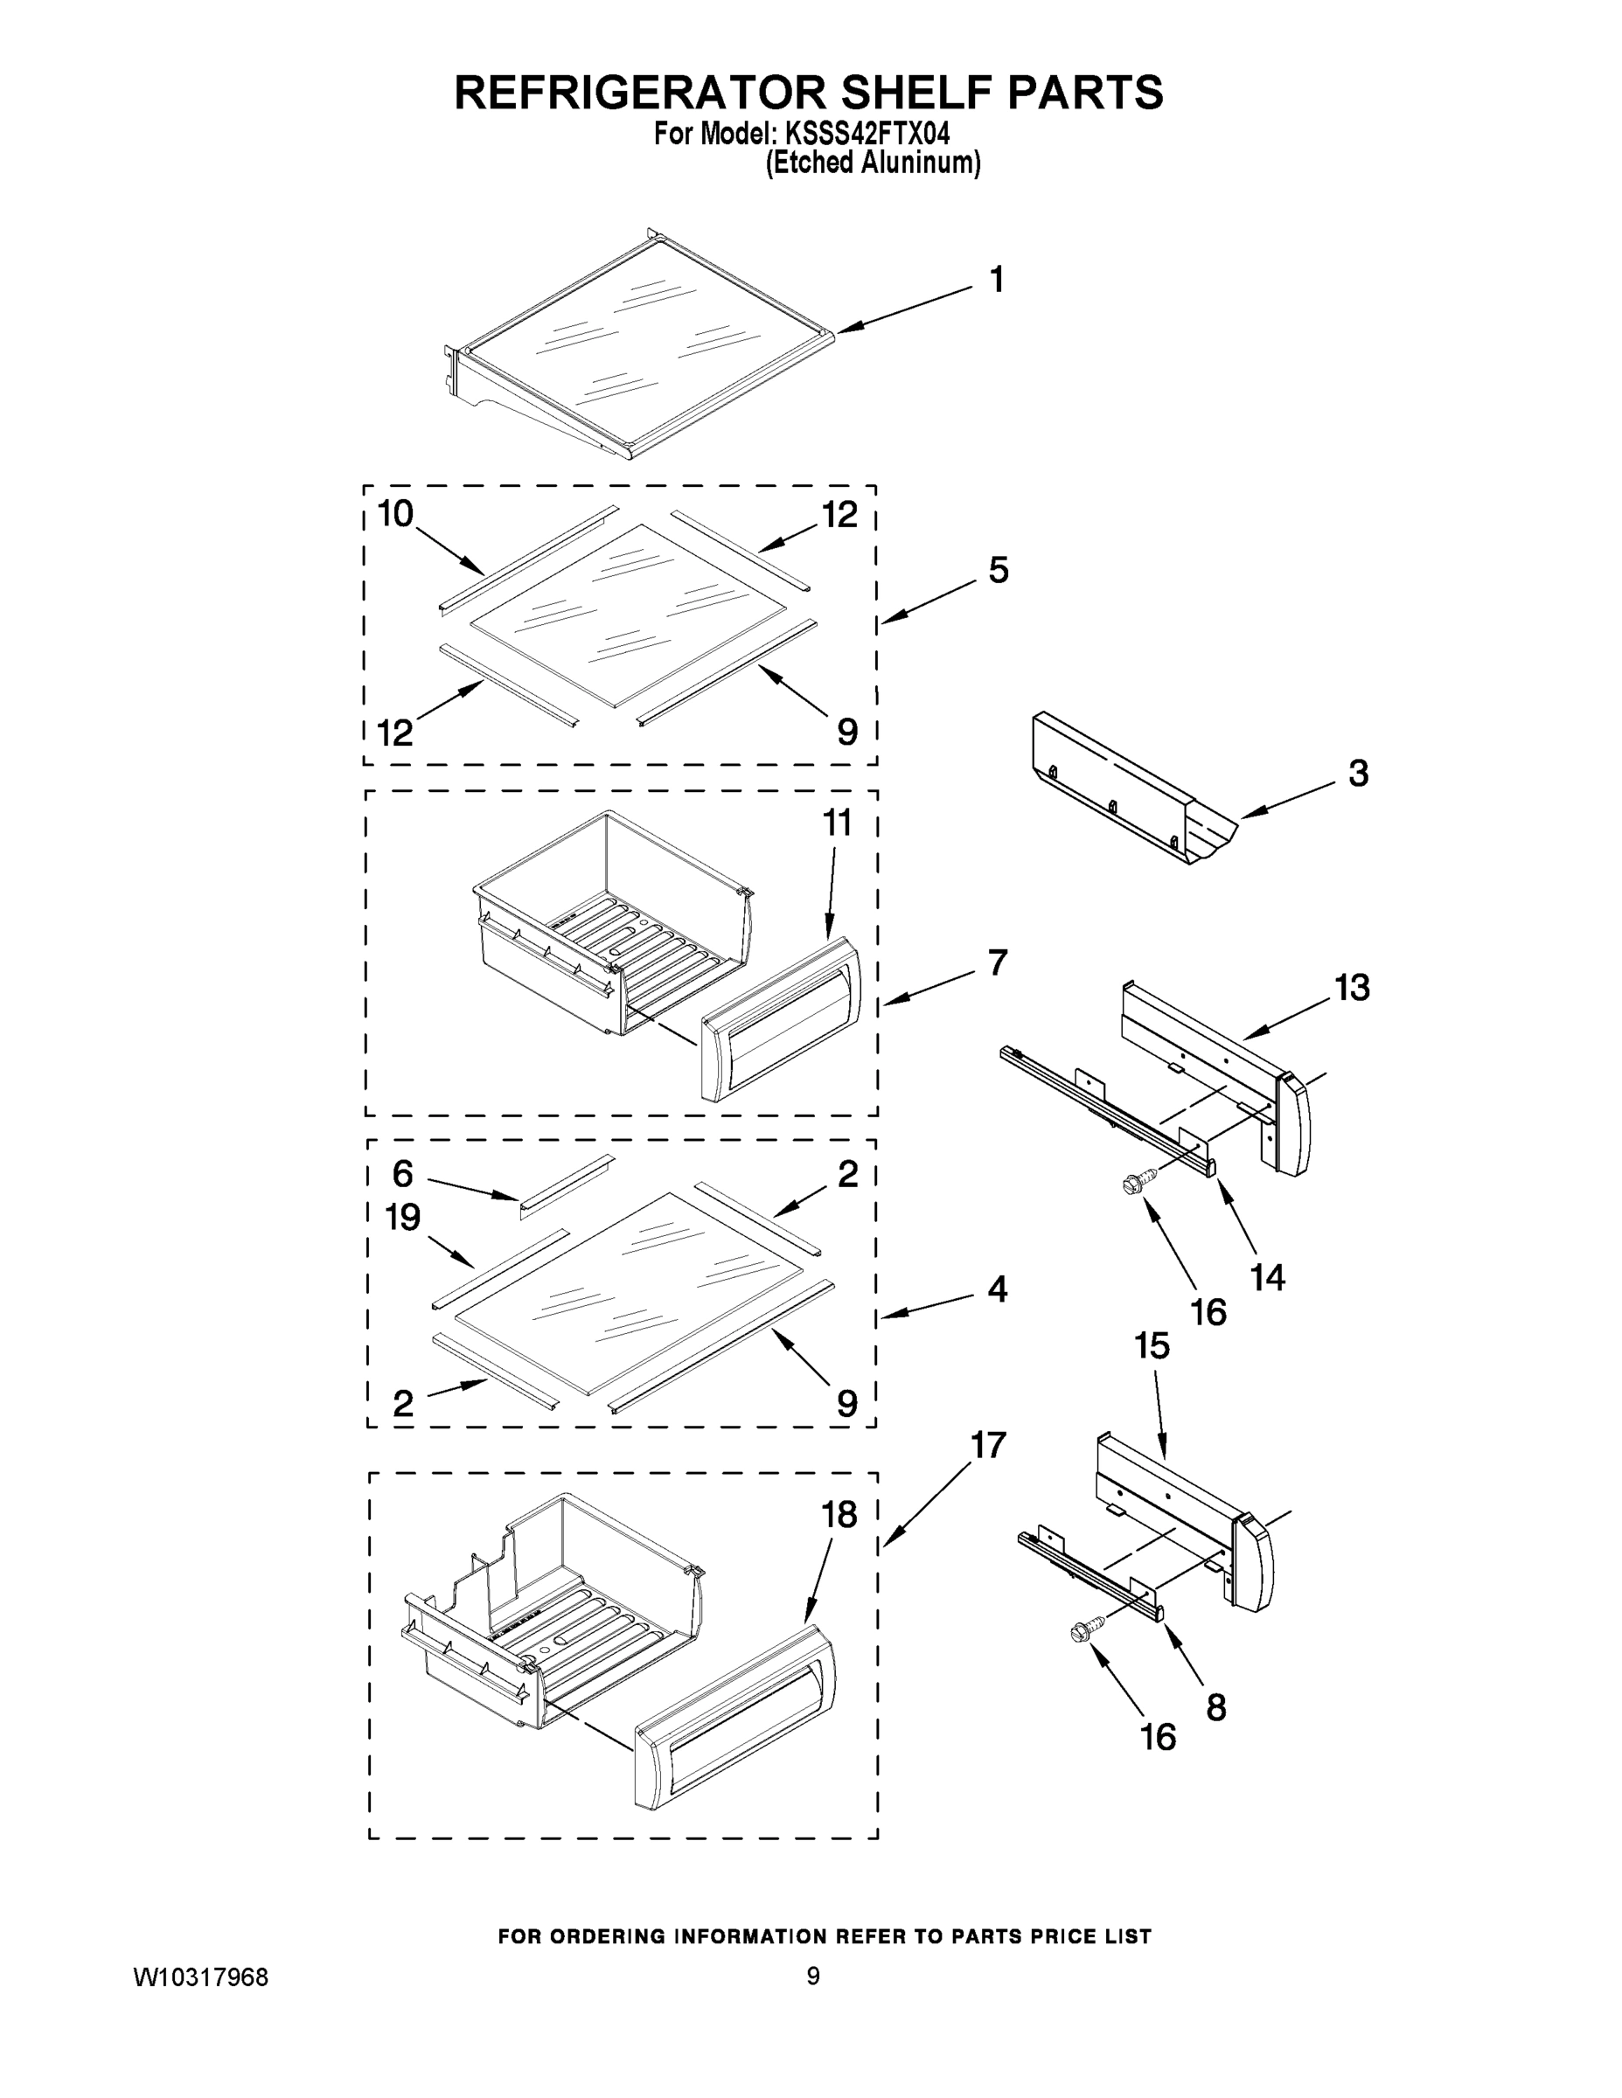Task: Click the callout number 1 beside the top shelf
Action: [997, 280]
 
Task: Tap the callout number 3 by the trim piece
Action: [1358, 774]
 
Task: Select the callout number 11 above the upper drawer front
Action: [837, 823]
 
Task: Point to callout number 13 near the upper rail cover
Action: [1352, 987]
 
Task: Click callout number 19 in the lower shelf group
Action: [402, 1218]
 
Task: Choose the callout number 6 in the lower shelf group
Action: [402, 1173]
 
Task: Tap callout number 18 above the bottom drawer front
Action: [839, 1515]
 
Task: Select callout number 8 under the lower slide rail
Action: [1215, 1707]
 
